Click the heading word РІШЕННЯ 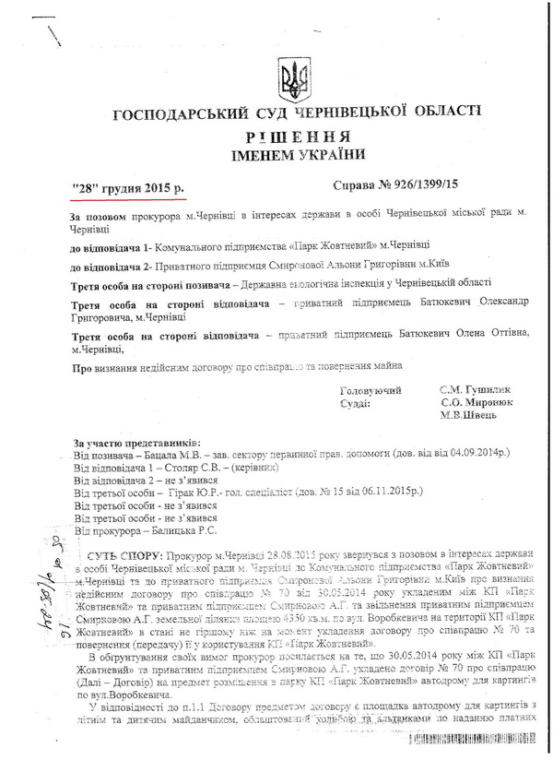(297, 136)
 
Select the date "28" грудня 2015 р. (129, 189)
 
